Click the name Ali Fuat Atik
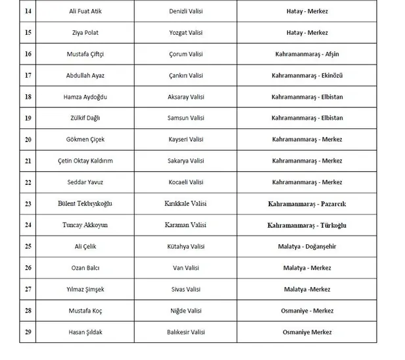click(x=85, y=12)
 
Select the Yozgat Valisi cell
click(x=186, y=33)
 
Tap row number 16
click(x=28, y=54)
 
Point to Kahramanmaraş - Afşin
click(x=307, y=54)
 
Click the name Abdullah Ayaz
click(x=85, y=76)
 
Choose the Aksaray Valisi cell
click(x=186, y=97)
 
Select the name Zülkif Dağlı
click(x=85, y=118)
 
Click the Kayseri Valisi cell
click(x=186, y=140)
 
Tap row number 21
click(x=28, y=161)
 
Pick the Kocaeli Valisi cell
click(x=186, y=182)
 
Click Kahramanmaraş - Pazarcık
click(x=307, y=204)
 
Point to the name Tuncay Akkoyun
click(x=85, y=225)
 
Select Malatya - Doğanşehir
click(x=307, y=246)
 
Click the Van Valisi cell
click(x=186, y=268)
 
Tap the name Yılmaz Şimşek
click(x=85, y=289)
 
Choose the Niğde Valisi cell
click(x=186, y=311)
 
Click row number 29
click(x=28, y=332)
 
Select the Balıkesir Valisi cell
click(x=186, y=332)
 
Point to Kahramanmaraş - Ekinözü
click(x=307, y=76)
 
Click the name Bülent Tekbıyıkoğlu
click(x=85, y=204)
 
